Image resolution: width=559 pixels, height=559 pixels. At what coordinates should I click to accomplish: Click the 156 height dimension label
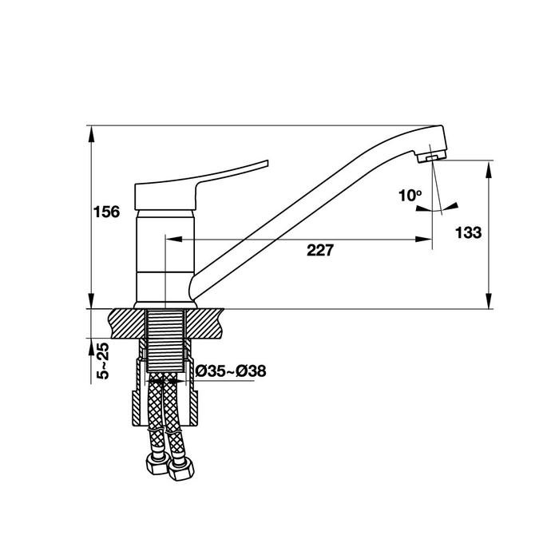[106, 212]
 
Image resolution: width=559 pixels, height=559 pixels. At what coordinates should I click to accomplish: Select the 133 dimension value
[469, 232]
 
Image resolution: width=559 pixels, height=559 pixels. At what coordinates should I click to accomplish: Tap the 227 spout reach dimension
[320, 250]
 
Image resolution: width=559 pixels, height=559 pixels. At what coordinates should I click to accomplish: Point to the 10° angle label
[410, 196]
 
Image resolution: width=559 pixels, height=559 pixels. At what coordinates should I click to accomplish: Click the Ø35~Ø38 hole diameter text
[230, 371]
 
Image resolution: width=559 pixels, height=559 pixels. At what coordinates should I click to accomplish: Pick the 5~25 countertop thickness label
[103, 360]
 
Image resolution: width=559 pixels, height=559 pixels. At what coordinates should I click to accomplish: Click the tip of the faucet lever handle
[267, 163]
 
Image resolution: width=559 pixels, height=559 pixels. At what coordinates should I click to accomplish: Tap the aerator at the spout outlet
[431, 157]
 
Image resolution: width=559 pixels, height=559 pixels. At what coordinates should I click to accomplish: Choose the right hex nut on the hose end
[181, 469]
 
